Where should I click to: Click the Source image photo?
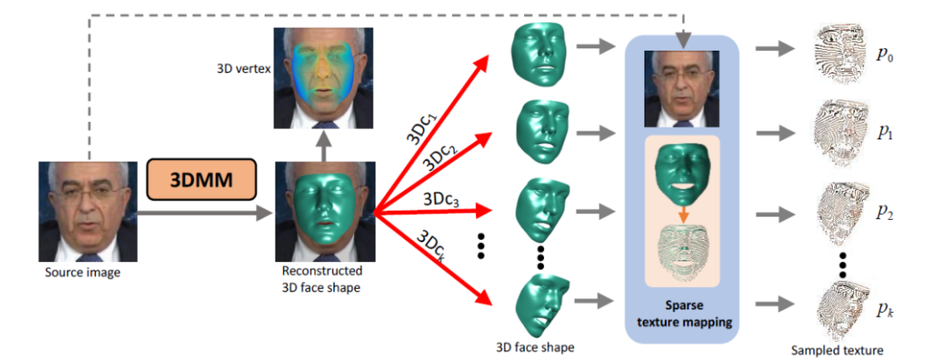coord(88,211)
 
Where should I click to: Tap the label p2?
coord(885,212)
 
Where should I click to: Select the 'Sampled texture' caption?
coord(838,349)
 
